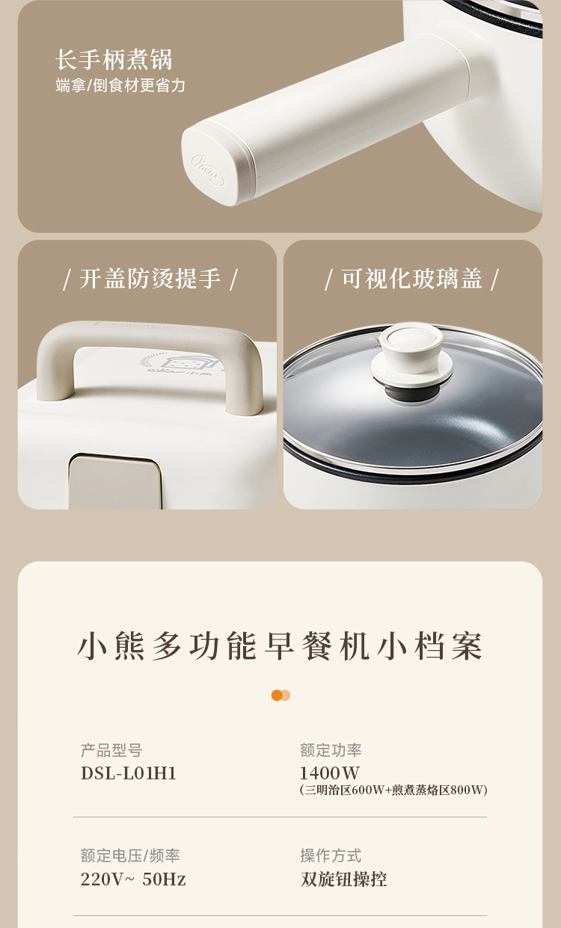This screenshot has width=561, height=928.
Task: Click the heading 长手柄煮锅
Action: click(114, 60)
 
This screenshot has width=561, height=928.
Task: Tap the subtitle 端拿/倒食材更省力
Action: click(120, 85)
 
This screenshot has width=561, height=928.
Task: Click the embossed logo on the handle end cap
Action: click(207, 170)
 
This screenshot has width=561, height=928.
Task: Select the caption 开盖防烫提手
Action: click(150, 279)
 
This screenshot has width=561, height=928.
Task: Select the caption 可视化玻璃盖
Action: click(411, 279)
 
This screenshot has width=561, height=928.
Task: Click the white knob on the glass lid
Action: click(411, 356)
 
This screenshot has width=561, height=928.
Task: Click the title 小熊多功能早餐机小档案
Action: click(280, 646)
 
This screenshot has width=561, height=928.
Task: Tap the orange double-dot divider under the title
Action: click(280, 695)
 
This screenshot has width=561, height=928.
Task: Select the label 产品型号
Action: click(111, 750)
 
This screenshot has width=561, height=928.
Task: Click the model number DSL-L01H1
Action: click(129, 773)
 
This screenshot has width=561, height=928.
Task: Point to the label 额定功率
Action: click(331, 750)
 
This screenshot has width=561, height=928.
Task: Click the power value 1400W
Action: click(330, 773)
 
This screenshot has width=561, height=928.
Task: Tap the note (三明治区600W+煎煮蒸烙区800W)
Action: click(393, 790)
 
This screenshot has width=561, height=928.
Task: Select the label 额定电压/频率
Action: click(130, 856)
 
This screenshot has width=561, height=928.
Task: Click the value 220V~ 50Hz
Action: click(133, 879)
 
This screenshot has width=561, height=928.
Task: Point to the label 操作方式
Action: click(331, 856)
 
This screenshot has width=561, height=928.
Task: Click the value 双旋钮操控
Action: click(344, 879)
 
